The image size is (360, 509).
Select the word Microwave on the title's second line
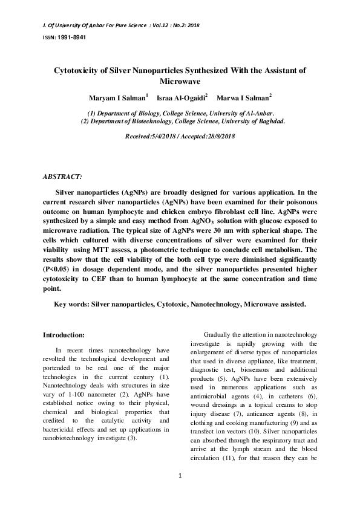tap(180, 80)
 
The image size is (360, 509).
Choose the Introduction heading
tap(64, 334)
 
